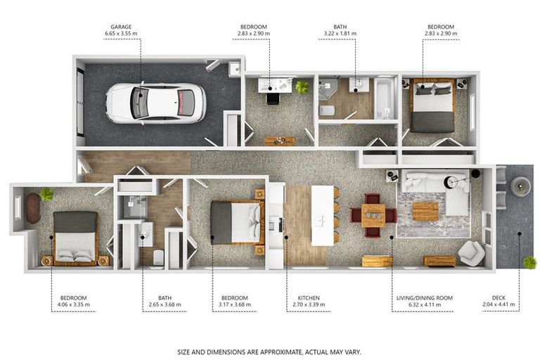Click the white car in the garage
coord(156,103)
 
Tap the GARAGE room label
coord(121,27)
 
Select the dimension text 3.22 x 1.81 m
coord(340,34)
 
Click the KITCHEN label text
coord(309,298)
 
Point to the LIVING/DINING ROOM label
coord(424,298)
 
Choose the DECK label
coord(499,297)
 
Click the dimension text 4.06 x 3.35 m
coord(73,304)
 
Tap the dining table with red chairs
coord(373,215)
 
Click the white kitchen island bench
coord(323,215)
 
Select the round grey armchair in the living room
coord(471,253)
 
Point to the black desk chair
coord(273,99)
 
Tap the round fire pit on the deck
coord(520,186)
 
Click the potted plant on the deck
coord(530,263)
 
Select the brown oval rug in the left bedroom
coord(33,208)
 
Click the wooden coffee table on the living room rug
coord(425,212)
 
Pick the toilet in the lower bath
coord(158,257)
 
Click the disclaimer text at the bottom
coord(269,352)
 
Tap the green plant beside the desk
coord(302,86)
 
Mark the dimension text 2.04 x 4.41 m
coord(499,304)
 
